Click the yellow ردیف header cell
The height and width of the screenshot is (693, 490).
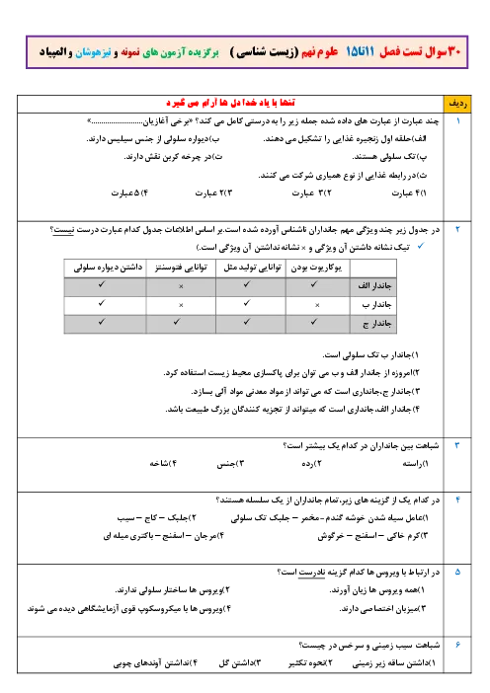point(457,104)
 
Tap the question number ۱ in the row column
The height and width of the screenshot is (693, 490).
point(458,120)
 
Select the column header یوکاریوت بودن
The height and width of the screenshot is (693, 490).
point(316,268)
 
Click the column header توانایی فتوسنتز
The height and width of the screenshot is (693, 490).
point(181,268)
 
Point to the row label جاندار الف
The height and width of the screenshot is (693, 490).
point(374,286)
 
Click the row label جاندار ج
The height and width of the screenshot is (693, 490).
point(377,324)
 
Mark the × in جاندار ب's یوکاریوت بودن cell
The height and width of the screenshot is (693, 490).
point(317,305)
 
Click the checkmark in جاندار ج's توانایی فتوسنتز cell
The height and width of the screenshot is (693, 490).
point(177,322)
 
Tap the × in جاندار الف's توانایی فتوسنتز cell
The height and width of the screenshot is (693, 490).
point(181,286)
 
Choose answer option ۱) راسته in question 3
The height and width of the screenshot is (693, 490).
point(415,464)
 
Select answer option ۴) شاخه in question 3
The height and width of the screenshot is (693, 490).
point(163,464)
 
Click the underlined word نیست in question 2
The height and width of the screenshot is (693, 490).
point(63,230)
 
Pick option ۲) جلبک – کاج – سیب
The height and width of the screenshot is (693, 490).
point(156,517)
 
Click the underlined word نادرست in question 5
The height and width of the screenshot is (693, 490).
point(311,573)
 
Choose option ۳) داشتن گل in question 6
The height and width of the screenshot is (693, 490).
point(240,663)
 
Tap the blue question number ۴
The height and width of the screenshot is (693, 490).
point(457,500)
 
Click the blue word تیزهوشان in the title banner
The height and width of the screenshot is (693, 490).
point(93,52)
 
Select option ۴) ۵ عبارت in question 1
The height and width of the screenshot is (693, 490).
point(129,193)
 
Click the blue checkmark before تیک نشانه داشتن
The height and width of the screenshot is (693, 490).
point(421,246)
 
